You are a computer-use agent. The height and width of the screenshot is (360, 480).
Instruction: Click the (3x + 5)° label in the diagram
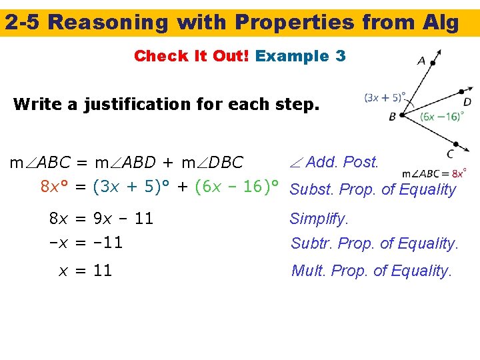point(385,97)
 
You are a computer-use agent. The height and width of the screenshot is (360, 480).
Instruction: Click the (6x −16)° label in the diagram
point(441,116)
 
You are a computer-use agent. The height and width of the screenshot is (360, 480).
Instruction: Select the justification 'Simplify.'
point(319,219)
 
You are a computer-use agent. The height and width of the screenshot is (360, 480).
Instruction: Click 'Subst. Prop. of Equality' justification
point(373,189)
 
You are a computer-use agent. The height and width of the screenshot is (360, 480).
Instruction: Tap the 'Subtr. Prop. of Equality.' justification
point(374,244)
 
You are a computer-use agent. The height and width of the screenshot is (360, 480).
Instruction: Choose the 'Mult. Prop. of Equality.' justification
point(371,271)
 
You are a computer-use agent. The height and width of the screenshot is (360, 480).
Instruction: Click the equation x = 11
point(85,271)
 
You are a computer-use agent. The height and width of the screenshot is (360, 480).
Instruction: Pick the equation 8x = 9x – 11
point(101,219)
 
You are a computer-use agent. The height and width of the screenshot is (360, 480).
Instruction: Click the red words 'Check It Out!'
point(191,56)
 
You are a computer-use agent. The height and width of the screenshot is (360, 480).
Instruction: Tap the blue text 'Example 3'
point(300,56)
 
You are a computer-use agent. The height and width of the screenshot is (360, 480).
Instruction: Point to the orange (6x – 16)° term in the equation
point(235,187)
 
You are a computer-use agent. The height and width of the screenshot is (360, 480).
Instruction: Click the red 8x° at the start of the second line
point(55,187)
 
